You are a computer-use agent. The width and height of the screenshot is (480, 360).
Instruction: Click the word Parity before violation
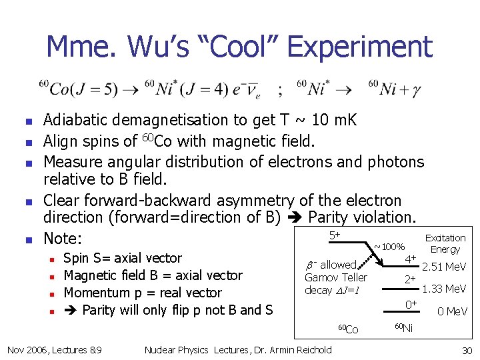coord(330,217)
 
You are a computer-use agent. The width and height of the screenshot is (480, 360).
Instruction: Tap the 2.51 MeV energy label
coord(444,267)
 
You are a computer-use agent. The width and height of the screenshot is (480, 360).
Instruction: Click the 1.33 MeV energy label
coord(444,289)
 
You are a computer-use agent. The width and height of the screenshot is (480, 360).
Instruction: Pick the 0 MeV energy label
coord(451,311)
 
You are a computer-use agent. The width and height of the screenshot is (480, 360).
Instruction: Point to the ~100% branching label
coord(389,247)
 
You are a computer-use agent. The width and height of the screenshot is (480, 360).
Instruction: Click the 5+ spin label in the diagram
coord(335,235)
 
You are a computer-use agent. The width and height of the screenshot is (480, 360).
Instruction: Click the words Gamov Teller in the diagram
coord(335,277)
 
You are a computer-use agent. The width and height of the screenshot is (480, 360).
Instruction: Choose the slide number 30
coord(466,350)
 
